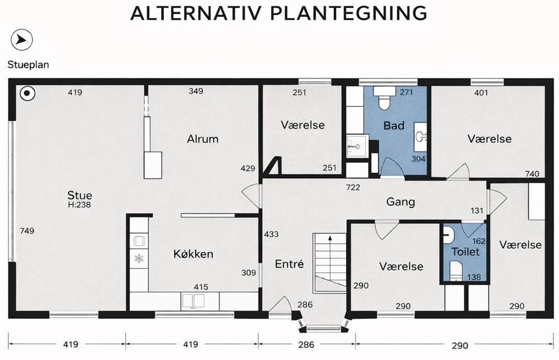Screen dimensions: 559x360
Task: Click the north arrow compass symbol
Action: click(22, 40)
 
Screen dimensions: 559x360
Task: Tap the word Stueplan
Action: click(28, 65)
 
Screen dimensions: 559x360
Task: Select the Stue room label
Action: click(79, 195)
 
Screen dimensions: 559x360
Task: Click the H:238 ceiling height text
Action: click(79, 205)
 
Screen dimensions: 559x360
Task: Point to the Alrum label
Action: click(203, 139)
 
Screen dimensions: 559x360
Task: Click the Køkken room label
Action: click(193, 254)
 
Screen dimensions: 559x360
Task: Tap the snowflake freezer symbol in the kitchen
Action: click(139, 258)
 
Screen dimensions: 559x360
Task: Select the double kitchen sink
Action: click(193, 301)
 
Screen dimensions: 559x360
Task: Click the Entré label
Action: click(289, 264)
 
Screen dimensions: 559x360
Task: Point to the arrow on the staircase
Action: click(330, 259)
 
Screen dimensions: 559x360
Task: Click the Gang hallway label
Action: click(400, 202)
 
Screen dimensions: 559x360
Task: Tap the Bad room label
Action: click(394, 126)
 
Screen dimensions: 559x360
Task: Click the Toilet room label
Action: click(466, 252)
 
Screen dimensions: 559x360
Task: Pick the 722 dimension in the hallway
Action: click(353, 188)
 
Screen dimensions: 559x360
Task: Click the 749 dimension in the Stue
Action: click(27, 231)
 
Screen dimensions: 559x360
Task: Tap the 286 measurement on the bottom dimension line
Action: click(306, 345)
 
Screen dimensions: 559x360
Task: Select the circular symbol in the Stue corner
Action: click(28, 93)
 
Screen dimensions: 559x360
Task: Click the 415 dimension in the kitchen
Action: click(201, 287)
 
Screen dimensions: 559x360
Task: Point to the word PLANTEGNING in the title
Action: click(349, 13)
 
